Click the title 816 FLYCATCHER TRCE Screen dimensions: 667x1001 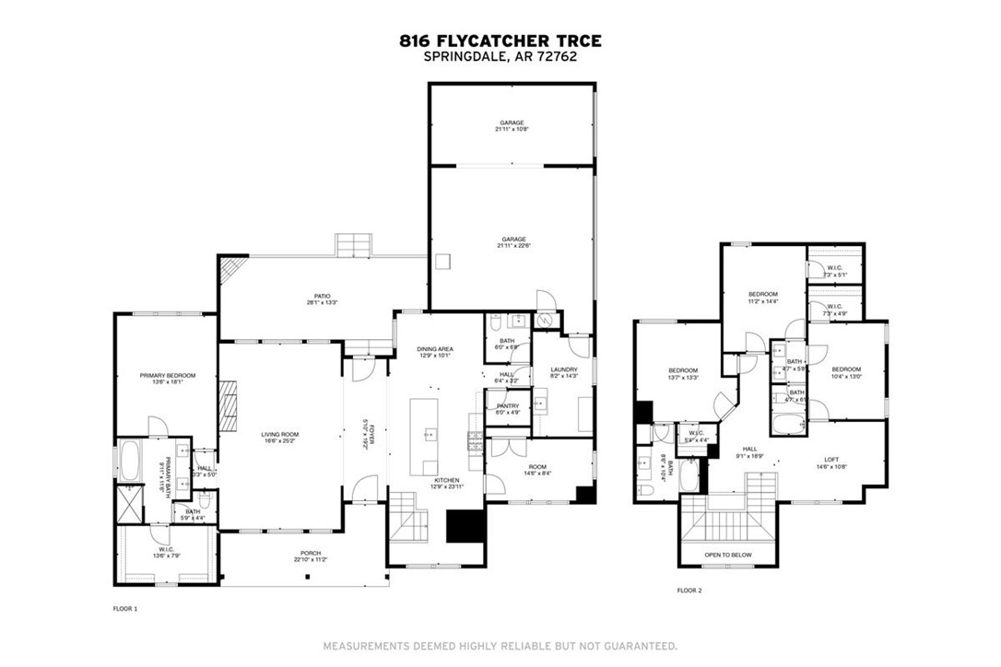(x=500, y=41)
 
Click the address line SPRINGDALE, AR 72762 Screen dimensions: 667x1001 (x=500, y=56)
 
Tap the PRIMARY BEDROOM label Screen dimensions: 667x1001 (x=167, y=376)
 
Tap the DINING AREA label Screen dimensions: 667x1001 (x=432, y=349)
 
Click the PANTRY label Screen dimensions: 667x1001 (x=508, y=406)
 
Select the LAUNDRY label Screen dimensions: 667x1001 (x=562, y=370)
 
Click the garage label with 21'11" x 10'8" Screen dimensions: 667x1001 (x=512, y=123)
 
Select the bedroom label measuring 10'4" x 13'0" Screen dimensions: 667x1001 (x=846, y=370)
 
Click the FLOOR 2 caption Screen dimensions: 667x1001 (x=689, y=591)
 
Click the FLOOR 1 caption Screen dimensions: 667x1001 (x=124, y=609)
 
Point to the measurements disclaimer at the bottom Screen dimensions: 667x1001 (x=500, y=646)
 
